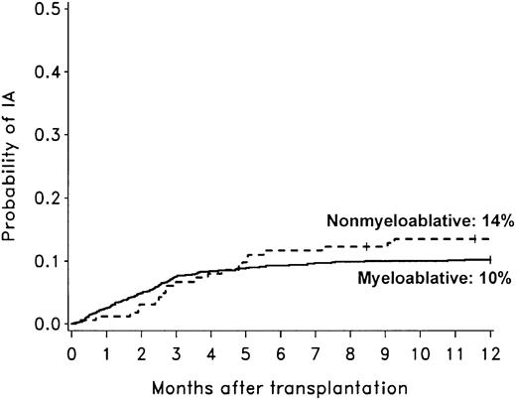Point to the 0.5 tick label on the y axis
tap(44, 10)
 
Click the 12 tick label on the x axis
tap(489, 352)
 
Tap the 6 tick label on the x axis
tap(281, 352)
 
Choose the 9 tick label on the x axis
tap(385, 352)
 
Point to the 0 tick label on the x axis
tap(71, 352)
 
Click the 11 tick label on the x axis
tap(454, 352)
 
